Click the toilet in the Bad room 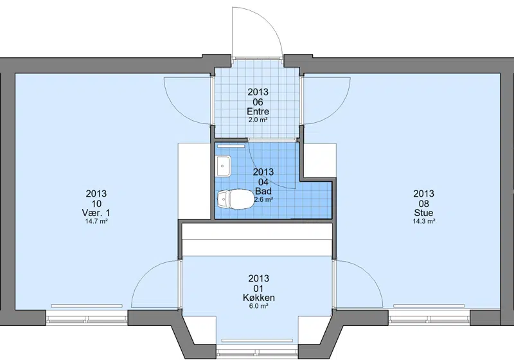point(235,199)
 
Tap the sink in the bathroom point(224,166)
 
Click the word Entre point(258,111)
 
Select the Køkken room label point(259,298)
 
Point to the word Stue point(423,213)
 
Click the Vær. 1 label point(96,213)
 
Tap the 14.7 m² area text point(96,221)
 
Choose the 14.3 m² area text point(423,221)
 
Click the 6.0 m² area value point(259,306)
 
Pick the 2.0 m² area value point(258,120)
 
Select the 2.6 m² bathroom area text point(264,199)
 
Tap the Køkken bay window point(258,352)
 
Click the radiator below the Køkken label point(258,341)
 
